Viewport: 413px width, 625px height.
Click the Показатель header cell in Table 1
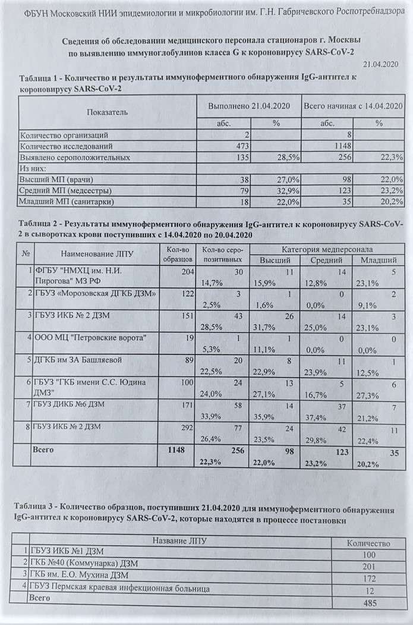coord(107,112)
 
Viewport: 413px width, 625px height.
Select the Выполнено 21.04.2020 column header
coord(247,105)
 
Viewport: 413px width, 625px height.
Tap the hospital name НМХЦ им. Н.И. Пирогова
coord(82,277)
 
